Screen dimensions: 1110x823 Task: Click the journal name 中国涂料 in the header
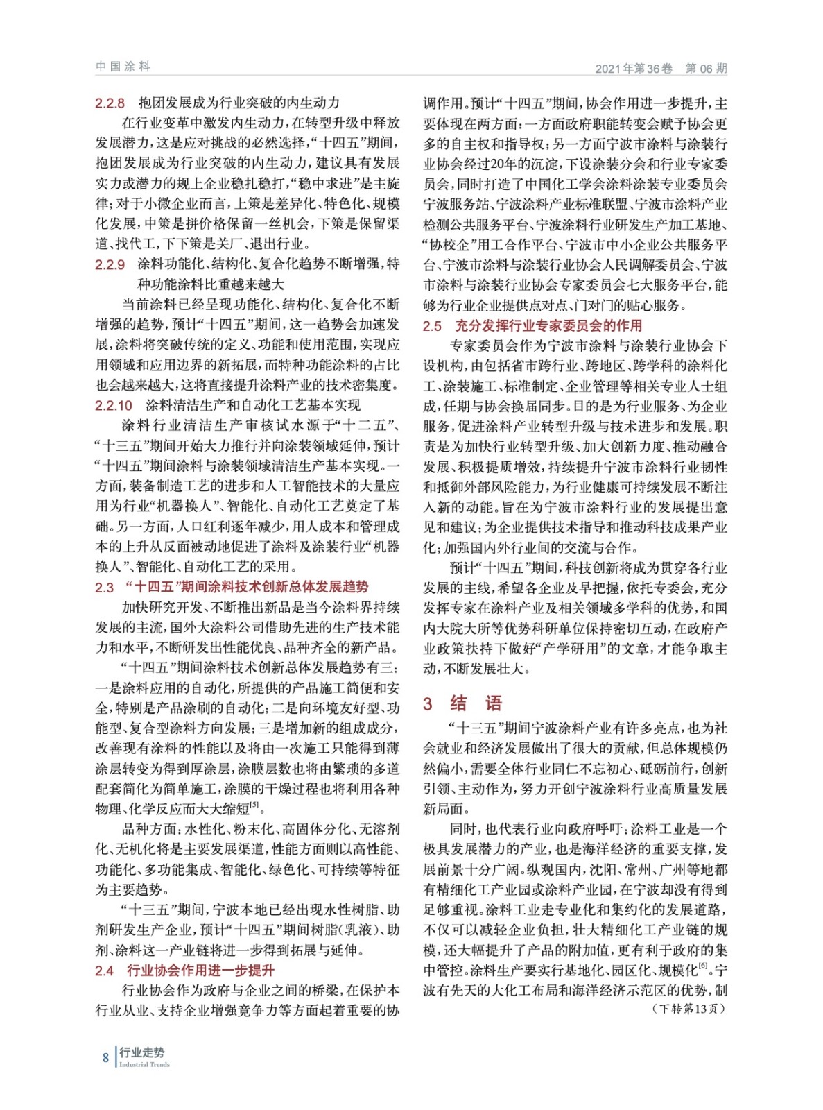(x=123, y=67)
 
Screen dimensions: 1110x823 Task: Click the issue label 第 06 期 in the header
(x=706, y=68)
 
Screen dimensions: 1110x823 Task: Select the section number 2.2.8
(x=110, y=103)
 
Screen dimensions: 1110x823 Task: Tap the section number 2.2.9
(x=110, y=264)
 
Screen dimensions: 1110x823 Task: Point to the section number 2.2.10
(x=114, y=405)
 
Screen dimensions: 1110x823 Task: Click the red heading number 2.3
(x=104, y=588)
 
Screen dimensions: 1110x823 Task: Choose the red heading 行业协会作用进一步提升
(x=200, y=971)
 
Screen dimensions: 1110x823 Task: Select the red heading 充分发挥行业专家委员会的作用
(x=548, y=325)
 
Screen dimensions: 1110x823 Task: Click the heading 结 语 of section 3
(x=476, y=703)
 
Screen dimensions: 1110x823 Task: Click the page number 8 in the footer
(x=105, y=1057)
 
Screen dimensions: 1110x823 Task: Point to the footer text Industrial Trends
(x=144, y=1064)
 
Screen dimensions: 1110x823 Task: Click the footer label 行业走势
(x=141, y=1052)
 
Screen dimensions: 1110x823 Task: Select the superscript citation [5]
(x=254, y=805)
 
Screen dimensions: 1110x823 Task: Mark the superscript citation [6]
(x=702, y=966)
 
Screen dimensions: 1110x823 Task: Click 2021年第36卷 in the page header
(x=634, y=68)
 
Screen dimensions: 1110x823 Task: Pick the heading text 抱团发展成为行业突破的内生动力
(x=239, y=103)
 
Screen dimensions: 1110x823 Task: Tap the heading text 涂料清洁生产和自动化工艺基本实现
(x=253, y=405)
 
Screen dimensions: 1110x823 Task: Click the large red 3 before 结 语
(x=428, y=703)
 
